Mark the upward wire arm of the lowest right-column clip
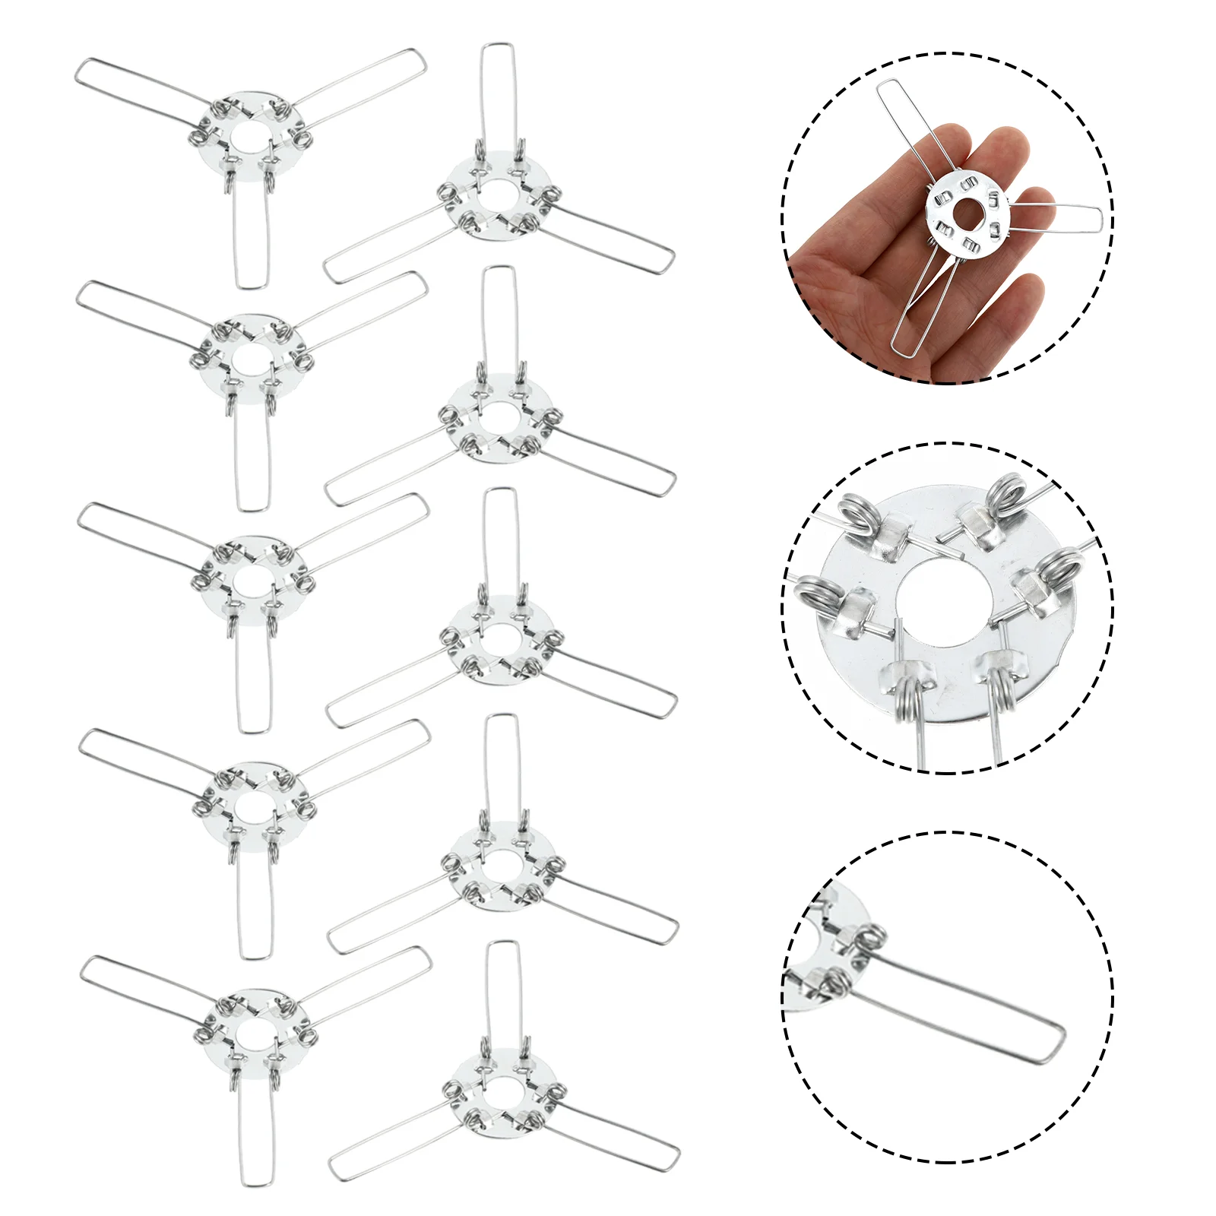[503, 988]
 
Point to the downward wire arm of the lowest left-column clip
[255, 1132]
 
